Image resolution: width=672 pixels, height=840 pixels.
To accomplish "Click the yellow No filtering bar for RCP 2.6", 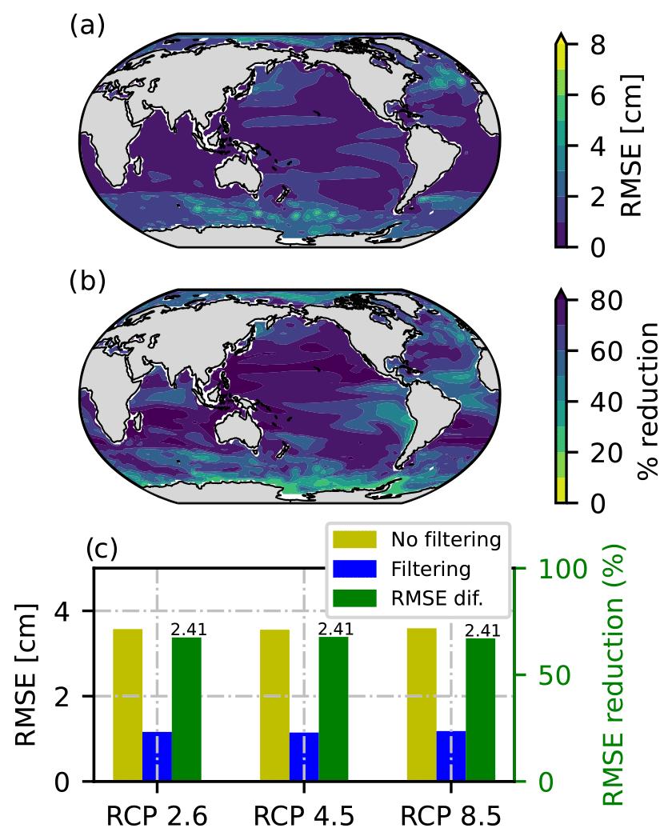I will point(127,705).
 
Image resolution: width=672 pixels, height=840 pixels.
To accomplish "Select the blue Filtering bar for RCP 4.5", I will point(304,756).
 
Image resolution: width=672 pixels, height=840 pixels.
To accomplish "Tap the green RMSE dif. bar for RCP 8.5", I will point(480,709).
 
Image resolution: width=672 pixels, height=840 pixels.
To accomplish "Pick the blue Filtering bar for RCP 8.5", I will point(451,755).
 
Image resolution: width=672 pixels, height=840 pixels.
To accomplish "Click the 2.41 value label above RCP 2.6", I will point(190,630).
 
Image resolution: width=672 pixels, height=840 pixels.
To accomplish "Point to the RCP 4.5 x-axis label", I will point(304,816).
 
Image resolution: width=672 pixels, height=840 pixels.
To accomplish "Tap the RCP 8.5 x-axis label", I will point(451,816).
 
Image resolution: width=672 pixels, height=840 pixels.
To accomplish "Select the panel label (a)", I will point(87,26).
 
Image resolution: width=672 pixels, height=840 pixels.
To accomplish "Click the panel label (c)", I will point(102,550).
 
